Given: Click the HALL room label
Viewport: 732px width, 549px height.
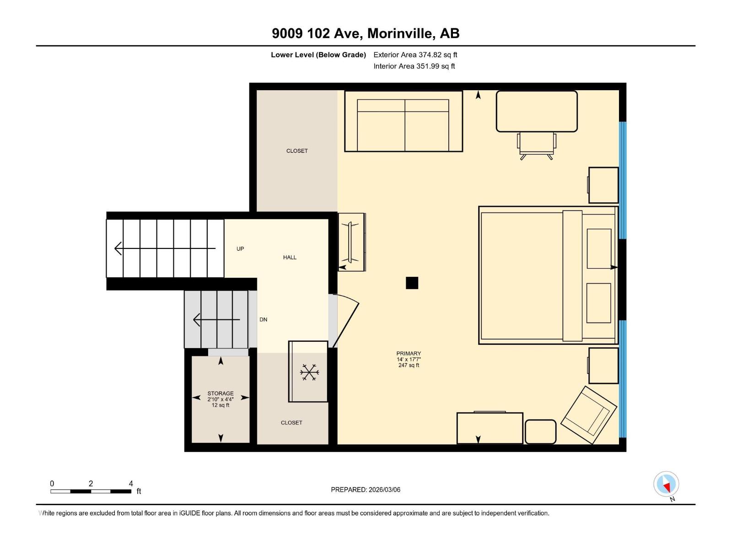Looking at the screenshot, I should (290, 258).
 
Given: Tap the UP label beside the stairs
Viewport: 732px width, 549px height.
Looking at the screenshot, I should (240, 249).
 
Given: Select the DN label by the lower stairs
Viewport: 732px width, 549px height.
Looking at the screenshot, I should (264, 320).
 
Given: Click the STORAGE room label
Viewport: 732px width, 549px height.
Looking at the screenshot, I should (221, 393).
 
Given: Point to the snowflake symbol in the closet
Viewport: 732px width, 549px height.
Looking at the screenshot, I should (309, 372).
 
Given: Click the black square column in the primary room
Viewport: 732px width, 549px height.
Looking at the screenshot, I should (412, 283).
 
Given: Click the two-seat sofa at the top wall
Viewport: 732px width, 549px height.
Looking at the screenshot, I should (403, 122).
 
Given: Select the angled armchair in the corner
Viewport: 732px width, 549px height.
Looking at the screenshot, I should (588, 415).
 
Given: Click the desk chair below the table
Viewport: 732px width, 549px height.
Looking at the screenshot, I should (536, 145).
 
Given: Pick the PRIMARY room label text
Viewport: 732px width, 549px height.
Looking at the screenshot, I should (409, 354).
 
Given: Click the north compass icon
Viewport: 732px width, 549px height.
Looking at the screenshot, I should (666, 484).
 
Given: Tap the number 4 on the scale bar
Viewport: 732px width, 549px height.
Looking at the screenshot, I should (131, 484).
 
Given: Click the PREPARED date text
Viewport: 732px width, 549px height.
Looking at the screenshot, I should (366, 490).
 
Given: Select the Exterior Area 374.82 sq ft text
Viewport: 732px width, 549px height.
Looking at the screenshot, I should (415, 55).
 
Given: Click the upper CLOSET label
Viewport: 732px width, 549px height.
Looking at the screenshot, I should (297, 151).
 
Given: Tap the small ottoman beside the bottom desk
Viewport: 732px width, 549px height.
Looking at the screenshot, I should (540, 432).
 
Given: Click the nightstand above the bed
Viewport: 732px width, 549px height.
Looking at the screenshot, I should (603, 185).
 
